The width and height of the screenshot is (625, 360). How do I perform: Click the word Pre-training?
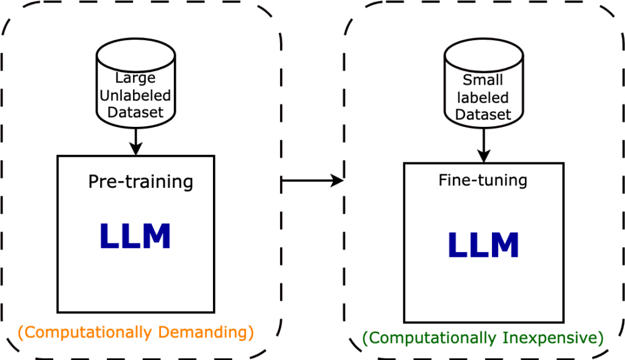point(140,182)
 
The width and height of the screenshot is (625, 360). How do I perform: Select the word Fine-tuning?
point(483,181)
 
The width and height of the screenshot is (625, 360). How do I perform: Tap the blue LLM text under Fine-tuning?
point(483,245)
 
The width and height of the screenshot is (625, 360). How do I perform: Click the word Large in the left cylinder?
point(135,78)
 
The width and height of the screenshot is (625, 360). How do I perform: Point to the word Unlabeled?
point(135,95)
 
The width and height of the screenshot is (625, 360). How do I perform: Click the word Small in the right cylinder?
point(483,80)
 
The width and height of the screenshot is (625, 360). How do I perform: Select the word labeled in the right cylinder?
point(483,98)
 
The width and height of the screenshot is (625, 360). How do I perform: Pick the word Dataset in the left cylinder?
point(135,112)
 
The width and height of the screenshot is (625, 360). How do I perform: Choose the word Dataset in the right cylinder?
point(483,115)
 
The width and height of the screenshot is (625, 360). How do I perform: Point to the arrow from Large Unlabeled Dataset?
point(135,142)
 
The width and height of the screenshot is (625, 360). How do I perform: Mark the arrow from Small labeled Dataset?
point(483,147)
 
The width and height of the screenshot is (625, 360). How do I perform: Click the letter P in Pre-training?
point(93,182)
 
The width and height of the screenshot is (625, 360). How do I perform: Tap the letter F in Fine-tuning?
point(443,181)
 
